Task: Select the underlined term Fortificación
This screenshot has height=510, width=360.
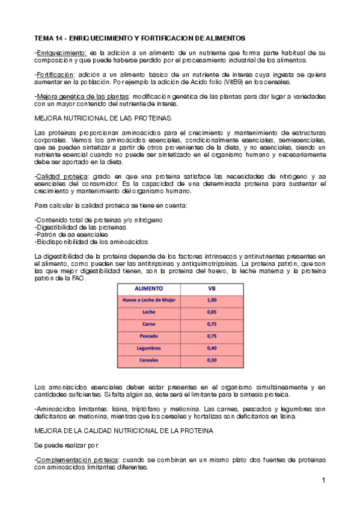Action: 55,75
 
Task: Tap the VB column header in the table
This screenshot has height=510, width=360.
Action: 211,288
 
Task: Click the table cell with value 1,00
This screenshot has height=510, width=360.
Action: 211,300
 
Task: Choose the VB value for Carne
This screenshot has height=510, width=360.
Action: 211,324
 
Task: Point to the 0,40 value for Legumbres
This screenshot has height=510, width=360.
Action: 211,348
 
